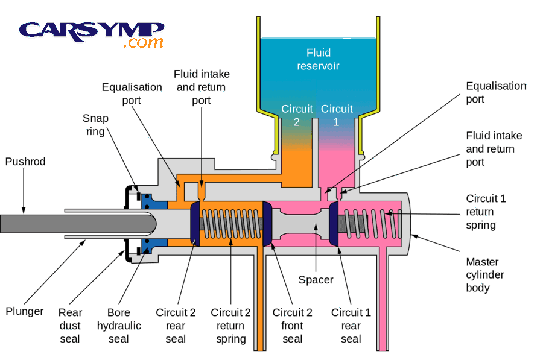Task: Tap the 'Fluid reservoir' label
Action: coord(318,58)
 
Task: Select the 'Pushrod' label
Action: coord(25,162)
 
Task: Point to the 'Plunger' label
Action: coord(25,311)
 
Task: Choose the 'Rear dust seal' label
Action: coord(70,326)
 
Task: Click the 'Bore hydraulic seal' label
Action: coord(119,326)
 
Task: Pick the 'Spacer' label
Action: coord(316,280)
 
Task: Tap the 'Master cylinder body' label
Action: coord(485,276)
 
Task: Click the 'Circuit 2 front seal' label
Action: coord(292,326)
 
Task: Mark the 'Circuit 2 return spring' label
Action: coord(230,326)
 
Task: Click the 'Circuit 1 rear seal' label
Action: coord(351,326)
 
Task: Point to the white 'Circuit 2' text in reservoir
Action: coord(297,115)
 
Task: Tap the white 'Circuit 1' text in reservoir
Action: coord(337,115)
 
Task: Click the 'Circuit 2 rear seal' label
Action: coord(176,326)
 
